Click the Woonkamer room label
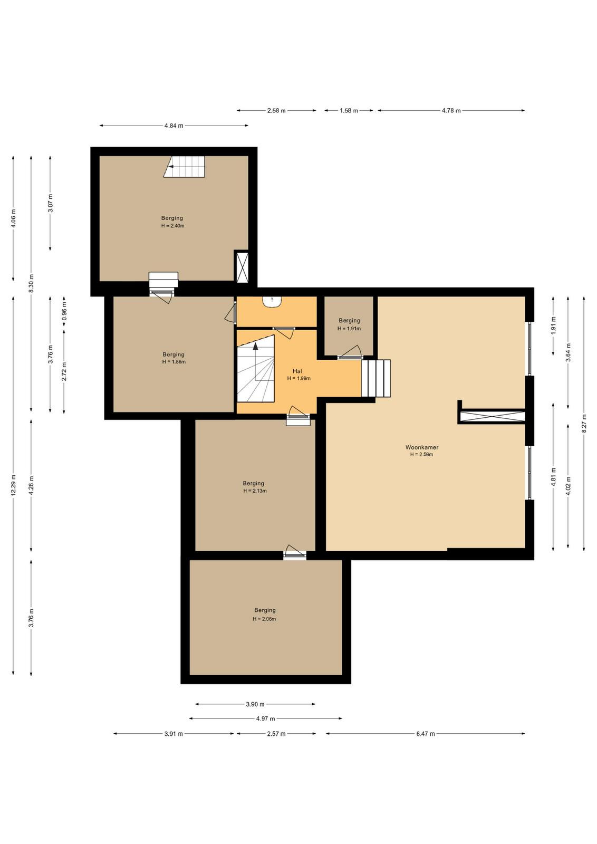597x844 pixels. point(421,447)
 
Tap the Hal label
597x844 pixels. point(297,371)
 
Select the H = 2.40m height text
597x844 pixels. point(172,226)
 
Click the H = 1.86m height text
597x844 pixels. point(174,361)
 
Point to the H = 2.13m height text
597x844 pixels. point(255,491)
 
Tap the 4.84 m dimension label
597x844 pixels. point(174,126)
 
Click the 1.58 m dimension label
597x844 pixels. point(349,110)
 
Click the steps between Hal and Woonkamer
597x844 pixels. point(375,378)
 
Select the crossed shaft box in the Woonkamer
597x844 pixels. point(492,417)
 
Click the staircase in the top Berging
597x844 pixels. point(184,167)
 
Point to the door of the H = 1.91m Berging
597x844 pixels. point(350,353)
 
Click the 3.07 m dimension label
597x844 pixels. point(51,203)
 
